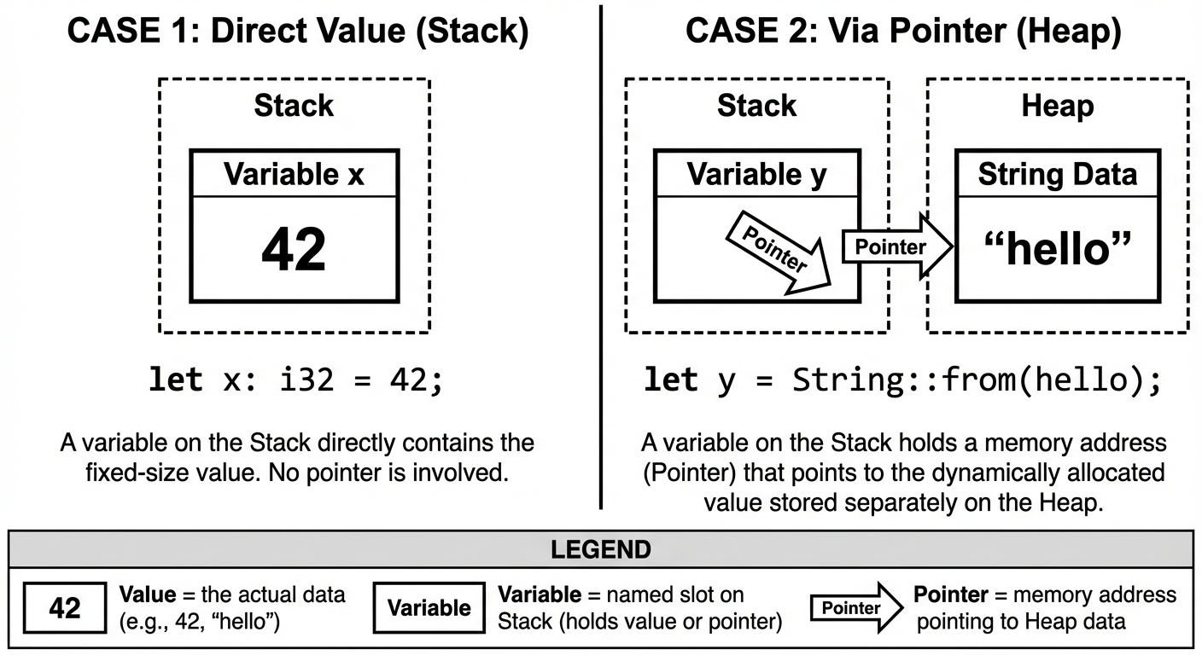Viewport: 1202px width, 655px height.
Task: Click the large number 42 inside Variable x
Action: [x=294, y=249]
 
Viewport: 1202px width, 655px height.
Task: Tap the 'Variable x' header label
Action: [x=294, y=175]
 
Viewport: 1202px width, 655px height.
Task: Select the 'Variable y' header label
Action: [x=756, y=175]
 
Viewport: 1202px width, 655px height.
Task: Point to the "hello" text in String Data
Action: [x=1057, y=249]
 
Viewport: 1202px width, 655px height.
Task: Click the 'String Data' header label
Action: [x=1057, y=175]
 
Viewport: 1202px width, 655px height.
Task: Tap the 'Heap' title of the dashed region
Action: [x=1057, y=106]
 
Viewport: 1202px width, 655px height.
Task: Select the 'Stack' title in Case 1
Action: [x=294, y=106]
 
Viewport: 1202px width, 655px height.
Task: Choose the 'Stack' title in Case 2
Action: [x=756, y=106]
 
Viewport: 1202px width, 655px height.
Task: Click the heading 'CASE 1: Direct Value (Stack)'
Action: [x=298, y=32]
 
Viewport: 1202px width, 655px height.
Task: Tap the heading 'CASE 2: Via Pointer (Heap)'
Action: [x=903, y=32]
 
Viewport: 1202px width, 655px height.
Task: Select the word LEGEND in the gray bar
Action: [x=600, y=549]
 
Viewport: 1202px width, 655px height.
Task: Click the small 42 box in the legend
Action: [x=65, y=608]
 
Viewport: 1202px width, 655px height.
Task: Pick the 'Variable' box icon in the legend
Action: [x=429, y=608]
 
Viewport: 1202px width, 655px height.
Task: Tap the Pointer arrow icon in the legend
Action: [x=856, y=608]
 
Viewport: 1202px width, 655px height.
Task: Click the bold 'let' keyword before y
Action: [x=671, y=380]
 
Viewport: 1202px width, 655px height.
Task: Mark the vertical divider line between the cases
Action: [x=601, y=256]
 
